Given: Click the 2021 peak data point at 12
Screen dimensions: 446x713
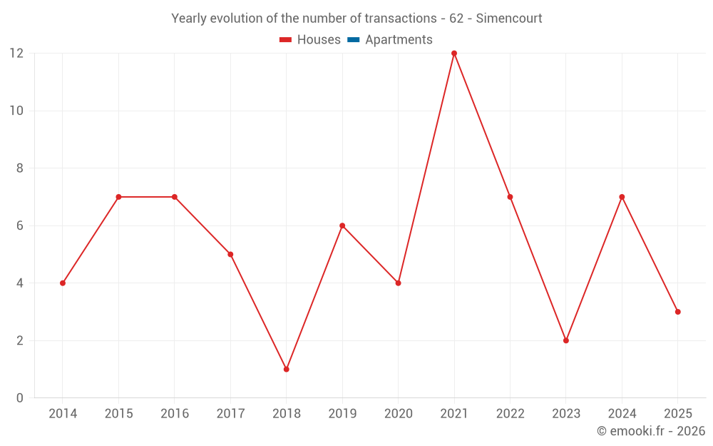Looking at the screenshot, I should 454,54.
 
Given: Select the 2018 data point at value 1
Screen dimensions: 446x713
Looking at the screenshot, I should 286,369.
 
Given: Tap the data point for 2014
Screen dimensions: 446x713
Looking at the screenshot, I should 63,283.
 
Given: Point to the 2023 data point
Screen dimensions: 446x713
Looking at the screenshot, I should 566,340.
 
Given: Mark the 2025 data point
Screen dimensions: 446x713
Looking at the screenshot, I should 677,312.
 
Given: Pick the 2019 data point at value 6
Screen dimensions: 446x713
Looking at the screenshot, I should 342,225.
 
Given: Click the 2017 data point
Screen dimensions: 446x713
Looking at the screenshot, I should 230,254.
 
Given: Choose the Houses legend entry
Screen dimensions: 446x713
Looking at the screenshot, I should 319,40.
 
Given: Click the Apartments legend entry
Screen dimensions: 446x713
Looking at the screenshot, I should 399,40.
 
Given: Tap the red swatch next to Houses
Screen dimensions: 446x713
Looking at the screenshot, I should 286,40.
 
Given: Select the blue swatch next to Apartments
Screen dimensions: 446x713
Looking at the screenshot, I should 353,40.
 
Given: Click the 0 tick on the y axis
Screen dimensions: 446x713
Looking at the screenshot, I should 20,397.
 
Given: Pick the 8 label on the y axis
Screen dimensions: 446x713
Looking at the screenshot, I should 20,168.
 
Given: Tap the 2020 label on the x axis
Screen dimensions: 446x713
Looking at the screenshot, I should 398,414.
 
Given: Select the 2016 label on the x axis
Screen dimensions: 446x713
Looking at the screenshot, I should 175,414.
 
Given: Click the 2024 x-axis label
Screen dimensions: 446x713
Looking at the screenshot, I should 622,414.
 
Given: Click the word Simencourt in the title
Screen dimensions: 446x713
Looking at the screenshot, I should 509,19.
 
